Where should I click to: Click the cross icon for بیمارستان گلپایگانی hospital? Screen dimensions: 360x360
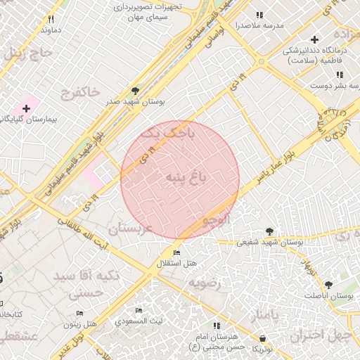[26, 108]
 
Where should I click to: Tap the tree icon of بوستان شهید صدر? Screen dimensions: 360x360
[135, 91]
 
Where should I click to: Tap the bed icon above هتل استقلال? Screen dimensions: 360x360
[176, 252]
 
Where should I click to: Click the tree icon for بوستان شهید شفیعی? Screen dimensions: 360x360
[269, 231]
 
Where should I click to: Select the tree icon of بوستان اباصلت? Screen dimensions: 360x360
[328, 285]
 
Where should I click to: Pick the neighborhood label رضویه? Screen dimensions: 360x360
[204, 283]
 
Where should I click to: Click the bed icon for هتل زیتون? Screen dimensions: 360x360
[79, 314]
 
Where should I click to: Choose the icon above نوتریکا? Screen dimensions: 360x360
[262, 338]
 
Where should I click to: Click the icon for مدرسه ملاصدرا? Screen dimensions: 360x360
[259, 14]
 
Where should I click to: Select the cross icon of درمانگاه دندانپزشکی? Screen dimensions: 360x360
[314, 39]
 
